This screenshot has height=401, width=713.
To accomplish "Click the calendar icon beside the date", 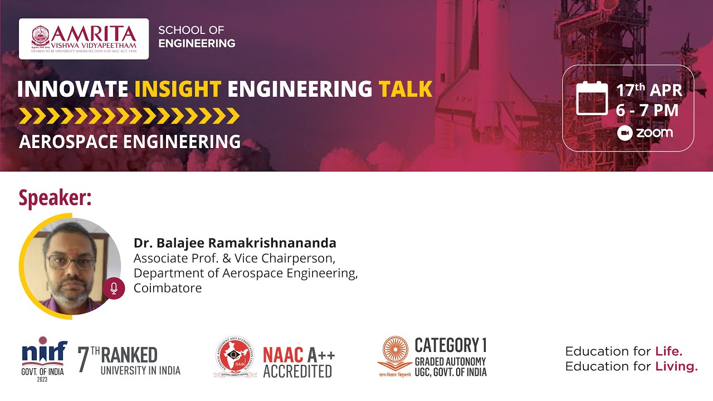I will click(592, 98).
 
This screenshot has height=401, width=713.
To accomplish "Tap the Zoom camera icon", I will click(625, 133).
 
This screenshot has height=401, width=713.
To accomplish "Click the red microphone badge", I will click(114, 288).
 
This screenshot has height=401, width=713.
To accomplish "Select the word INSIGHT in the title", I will click(178, 89).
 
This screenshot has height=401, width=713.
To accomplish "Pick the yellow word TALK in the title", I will click(405, 89).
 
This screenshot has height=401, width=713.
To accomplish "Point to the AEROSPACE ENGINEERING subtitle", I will click(130, 141).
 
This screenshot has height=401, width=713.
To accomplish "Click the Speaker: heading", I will click(55, 198).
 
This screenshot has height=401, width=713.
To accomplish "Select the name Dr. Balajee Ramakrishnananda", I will click(235, 243).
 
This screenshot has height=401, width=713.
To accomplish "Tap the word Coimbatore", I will click(167, 288).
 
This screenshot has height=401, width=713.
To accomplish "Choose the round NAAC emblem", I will click(235, 357).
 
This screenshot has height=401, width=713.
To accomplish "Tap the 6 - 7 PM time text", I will click(647, 110).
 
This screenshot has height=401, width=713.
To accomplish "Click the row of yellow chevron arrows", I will click(129, 116).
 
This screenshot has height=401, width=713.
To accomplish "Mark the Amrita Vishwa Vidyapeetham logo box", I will click(84, 38).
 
